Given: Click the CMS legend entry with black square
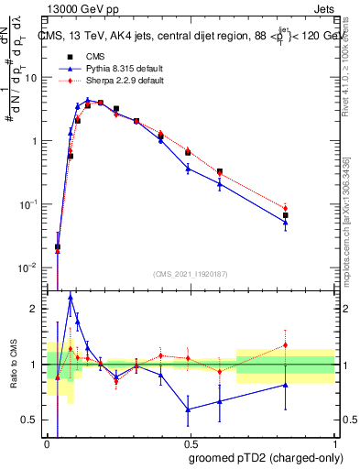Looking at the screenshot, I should pyautogui.click(x=89, y=56).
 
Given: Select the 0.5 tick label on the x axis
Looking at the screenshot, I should pyautogui.click(x=189, y=443).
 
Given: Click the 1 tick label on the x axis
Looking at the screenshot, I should pyautogui.click(x=333, y=443).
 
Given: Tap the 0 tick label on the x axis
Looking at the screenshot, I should pyautogui.click(x=47, y=443).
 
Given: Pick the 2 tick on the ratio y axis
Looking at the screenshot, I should pyautogui.click(x=38, y=309).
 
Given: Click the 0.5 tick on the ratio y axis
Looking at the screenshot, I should pyautogui.click(x=34, y=420).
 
